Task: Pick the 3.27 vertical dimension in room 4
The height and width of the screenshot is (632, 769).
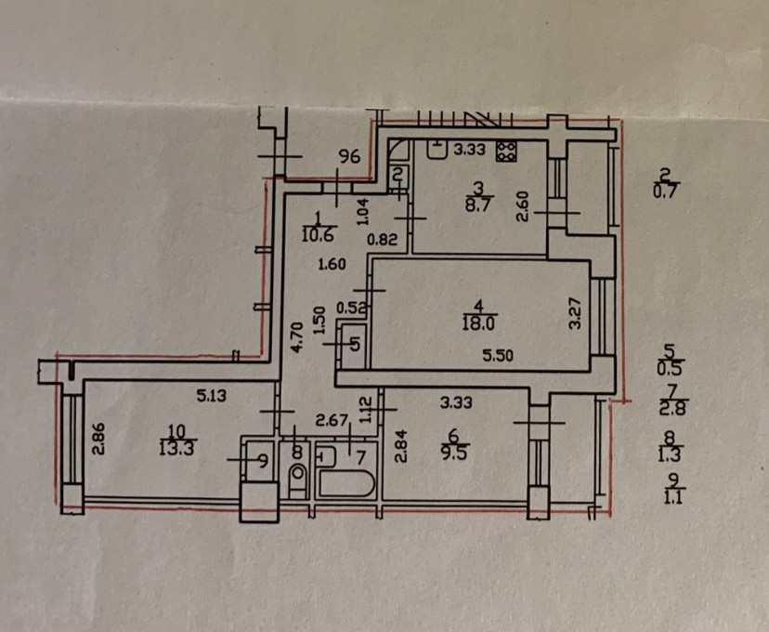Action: [575, 312]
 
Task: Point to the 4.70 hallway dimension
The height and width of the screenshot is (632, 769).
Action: [297, 335]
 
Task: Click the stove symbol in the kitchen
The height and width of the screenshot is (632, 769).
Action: [507, 151]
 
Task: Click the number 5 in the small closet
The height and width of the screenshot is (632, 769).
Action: [354, 342]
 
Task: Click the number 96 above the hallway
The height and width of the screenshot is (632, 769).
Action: [348, 157]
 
